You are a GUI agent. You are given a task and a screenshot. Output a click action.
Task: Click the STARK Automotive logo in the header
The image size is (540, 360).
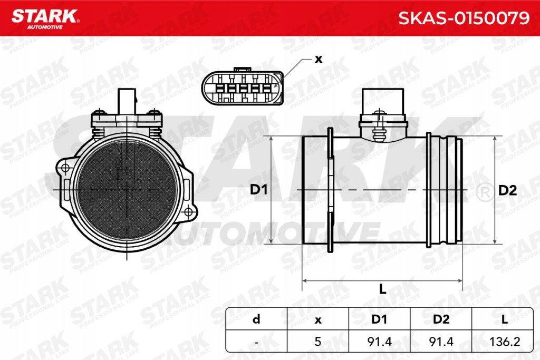point(45,17)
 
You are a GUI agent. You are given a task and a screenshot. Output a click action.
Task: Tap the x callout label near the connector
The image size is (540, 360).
point(318,59)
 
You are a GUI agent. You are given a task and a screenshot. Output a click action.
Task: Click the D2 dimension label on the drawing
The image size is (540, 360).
point(507,190)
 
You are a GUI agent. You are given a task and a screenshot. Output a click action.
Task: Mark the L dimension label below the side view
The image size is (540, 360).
point(383,288)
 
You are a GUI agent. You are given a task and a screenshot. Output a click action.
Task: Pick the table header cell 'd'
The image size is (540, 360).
point(256,319)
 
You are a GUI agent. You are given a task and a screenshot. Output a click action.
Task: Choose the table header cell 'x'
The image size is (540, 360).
point(317,319)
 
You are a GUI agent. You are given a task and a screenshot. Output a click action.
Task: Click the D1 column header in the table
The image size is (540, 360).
point(379,319)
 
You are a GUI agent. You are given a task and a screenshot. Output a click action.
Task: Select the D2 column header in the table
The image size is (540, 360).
point(441,319)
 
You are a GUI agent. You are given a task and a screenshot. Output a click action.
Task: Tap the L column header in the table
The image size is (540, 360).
point(504,319)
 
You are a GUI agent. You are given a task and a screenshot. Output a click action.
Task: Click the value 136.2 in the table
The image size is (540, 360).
point(504,342)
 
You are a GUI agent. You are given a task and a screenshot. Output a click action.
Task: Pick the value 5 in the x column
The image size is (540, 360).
point(317,342)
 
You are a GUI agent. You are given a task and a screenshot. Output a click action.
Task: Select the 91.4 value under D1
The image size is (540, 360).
point(379,342)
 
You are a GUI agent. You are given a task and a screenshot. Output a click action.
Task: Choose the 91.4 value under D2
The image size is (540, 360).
point(441,342)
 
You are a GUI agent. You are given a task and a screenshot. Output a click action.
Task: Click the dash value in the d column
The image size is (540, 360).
point(256,342)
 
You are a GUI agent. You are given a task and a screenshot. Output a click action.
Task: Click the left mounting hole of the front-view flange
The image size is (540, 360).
point(65,168)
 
